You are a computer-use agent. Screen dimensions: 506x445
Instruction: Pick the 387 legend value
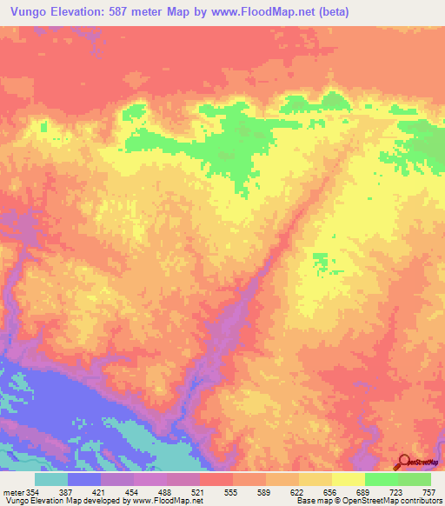(x=83, y=491)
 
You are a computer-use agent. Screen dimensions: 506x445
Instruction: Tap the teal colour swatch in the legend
(x=51, y=479)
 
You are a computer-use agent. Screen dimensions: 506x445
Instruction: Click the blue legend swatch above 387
(x=84, y=479)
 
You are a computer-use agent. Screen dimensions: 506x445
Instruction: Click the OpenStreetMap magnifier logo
(x=403, y=462)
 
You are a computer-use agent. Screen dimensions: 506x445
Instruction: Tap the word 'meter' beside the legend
(x=14, y=491)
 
